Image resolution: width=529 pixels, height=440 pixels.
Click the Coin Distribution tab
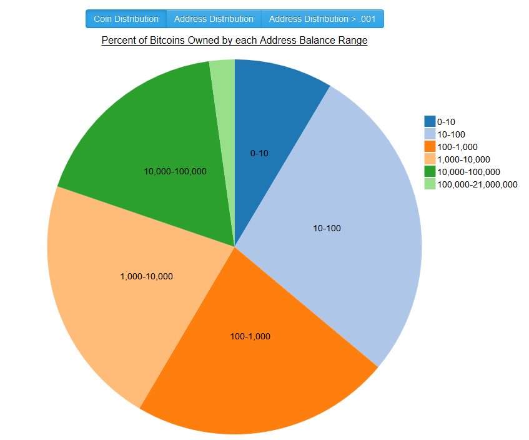[x=126, y=19]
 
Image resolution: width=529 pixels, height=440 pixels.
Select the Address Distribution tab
[x=214, y=19]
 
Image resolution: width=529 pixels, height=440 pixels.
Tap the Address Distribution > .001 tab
[x=322, y=19]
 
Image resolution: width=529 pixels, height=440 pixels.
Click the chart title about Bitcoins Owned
[x=234, y=41]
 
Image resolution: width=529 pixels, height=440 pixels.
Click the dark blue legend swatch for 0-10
[x=430, y=121]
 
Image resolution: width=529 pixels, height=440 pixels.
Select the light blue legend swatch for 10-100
[x=430, y=134]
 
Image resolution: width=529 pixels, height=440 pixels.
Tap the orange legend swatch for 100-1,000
[x=430, y=146]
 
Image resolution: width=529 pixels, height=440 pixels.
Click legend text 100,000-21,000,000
[x=477, y=184]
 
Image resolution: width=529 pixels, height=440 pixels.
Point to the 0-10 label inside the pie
[x=259, y=154]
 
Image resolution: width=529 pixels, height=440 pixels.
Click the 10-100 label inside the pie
[x=327, y=229]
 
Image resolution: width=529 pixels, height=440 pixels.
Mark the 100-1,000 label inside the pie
[x=250, y=336]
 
